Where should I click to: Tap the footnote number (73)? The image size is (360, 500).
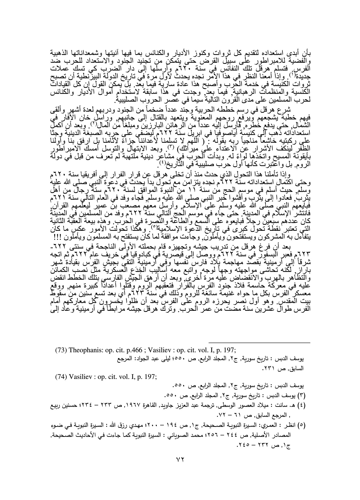pyautogui.click(x=61, y=349)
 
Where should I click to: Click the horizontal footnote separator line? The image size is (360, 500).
pyautogui.click(x=259, y=343)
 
